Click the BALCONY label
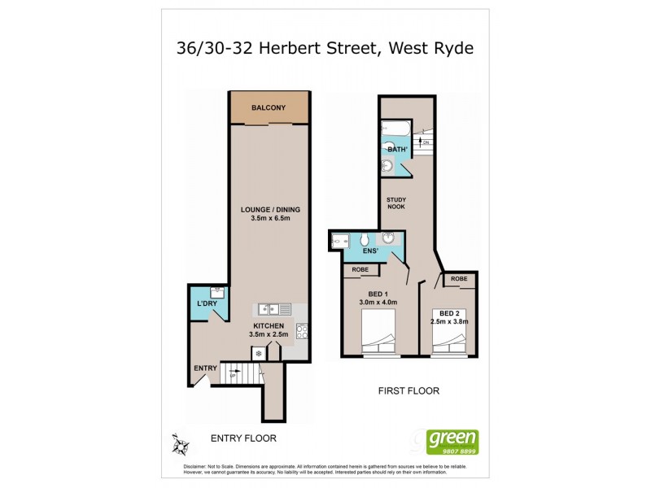268,108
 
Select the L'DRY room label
207,304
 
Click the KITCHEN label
268,325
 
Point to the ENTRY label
205,368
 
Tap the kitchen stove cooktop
301,332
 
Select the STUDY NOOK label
397,203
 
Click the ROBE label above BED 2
459,279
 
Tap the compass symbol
180,444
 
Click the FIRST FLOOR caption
409,391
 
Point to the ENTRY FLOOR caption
244,438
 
